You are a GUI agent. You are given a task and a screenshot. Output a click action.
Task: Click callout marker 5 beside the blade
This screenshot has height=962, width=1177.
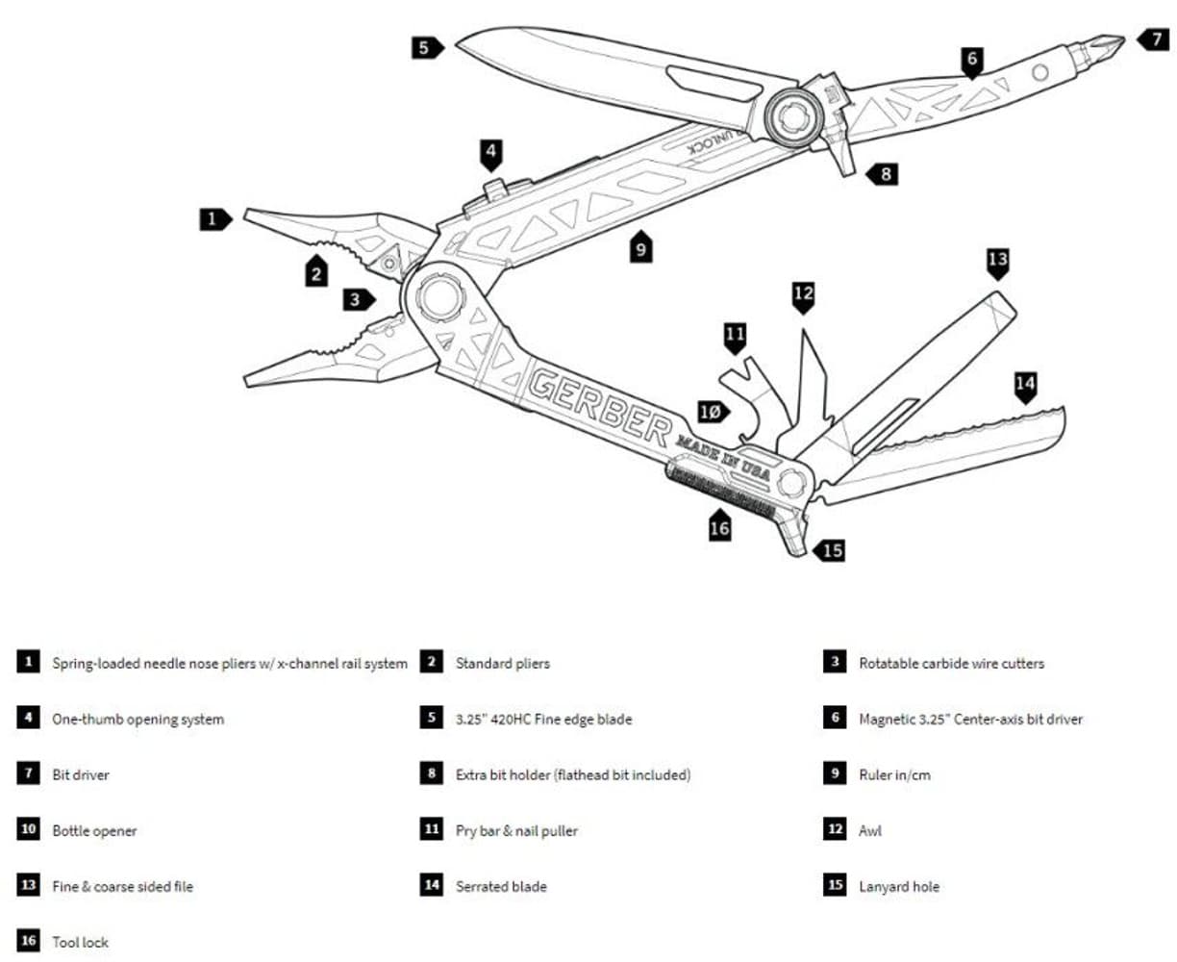(424, 46)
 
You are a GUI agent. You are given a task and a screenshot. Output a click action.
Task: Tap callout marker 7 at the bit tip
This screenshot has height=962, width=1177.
(1152, 39)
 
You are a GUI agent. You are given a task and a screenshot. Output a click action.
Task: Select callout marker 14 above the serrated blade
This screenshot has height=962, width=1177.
(1025, 385)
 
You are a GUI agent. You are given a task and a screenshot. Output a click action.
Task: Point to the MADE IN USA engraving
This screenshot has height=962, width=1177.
(724, 456)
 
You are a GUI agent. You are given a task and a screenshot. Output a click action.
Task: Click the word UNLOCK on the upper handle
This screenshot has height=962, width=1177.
(710, 147)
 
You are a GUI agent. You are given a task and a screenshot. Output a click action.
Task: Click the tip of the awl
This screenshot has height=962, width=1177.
(802, 333)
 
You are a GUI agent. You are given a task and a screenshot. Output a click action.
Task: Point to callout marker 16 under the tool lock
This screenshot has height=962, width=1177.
(719, 526)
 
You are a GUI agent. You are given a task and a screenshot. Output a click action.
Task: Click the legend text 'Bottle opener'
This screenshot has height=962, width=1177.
(94, 831)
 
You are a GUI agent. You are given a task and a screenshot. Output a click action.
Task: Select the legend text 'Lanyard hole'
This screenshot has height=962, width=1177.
(898, 887)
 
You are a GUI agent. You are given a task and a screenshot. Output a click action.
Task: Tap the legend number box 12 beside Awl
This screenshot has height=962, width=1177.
(835, 829)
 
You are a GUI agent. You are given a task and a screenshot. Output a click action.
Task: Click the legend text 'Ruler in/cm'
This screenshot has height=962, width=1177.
(894, 775)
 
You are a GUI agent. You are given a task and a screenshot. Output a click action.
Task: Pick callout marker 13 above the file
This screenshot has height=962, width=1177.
(997, 259)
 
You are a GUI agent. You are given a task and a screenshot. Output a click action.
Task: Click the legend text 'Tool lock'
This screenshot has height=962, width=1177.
(80, 943)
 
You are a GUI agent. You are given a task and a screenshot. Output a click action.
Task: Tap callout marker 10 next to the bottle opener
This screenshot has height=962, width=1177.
(710, 412)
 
